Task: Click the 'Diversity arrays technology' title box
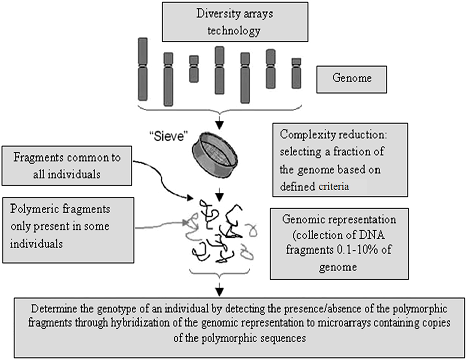tap(235, 22)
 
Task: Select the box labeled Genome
tap(352, 79)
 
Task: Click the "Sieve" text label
tap(168, 136)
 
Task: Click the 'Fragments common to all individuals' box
tap(67, 166)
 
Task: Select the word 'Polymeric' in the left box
tap(32, 209)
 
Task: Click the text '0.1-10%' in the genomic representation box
tap(357, 250)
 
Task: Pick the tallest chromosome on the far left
tap(143, 69)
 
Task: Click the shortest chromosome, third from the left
tap(194, 69)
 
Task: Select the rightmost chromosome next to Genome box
tap(296, 73)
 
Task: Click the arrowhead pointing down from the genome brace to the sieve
tap(220, 125)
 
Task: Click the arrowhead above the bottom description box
tap(220, 291)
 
